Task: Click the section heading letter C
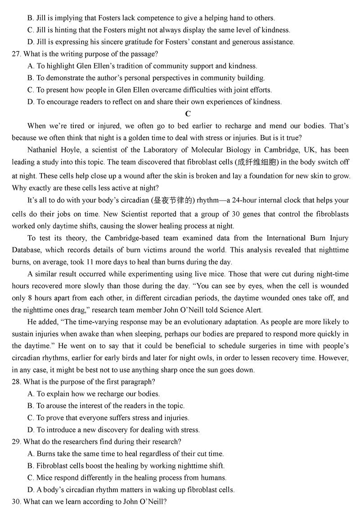click(x=188, y=114)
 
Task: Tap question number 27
click(x=16, y=54)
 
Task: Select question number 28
click(x=16, y=382)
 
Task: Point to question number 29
click(x=16, y=442)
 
